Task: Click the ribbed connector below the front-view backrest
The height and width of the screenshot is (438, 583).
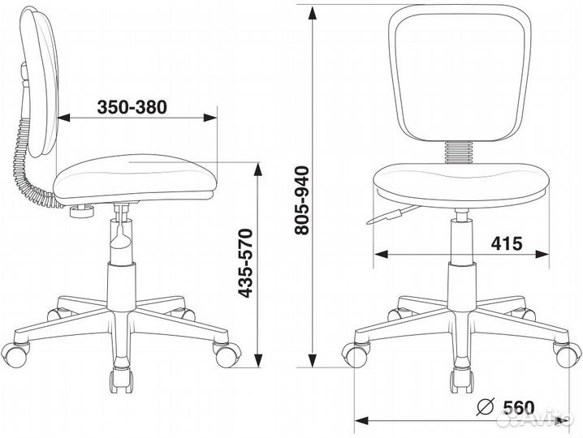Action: coord(460,152)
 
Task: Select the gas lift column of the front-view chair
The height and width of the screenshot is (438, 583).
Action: coord(461,243)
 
